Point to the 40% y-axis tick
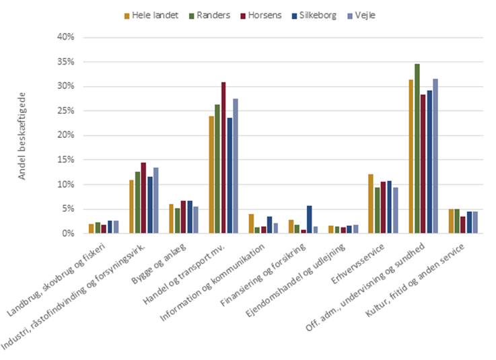(x=65, y=38)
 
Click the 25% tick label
(x=65, y=111)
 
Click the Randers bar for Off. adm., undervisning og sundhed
(x=417, y=149)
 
